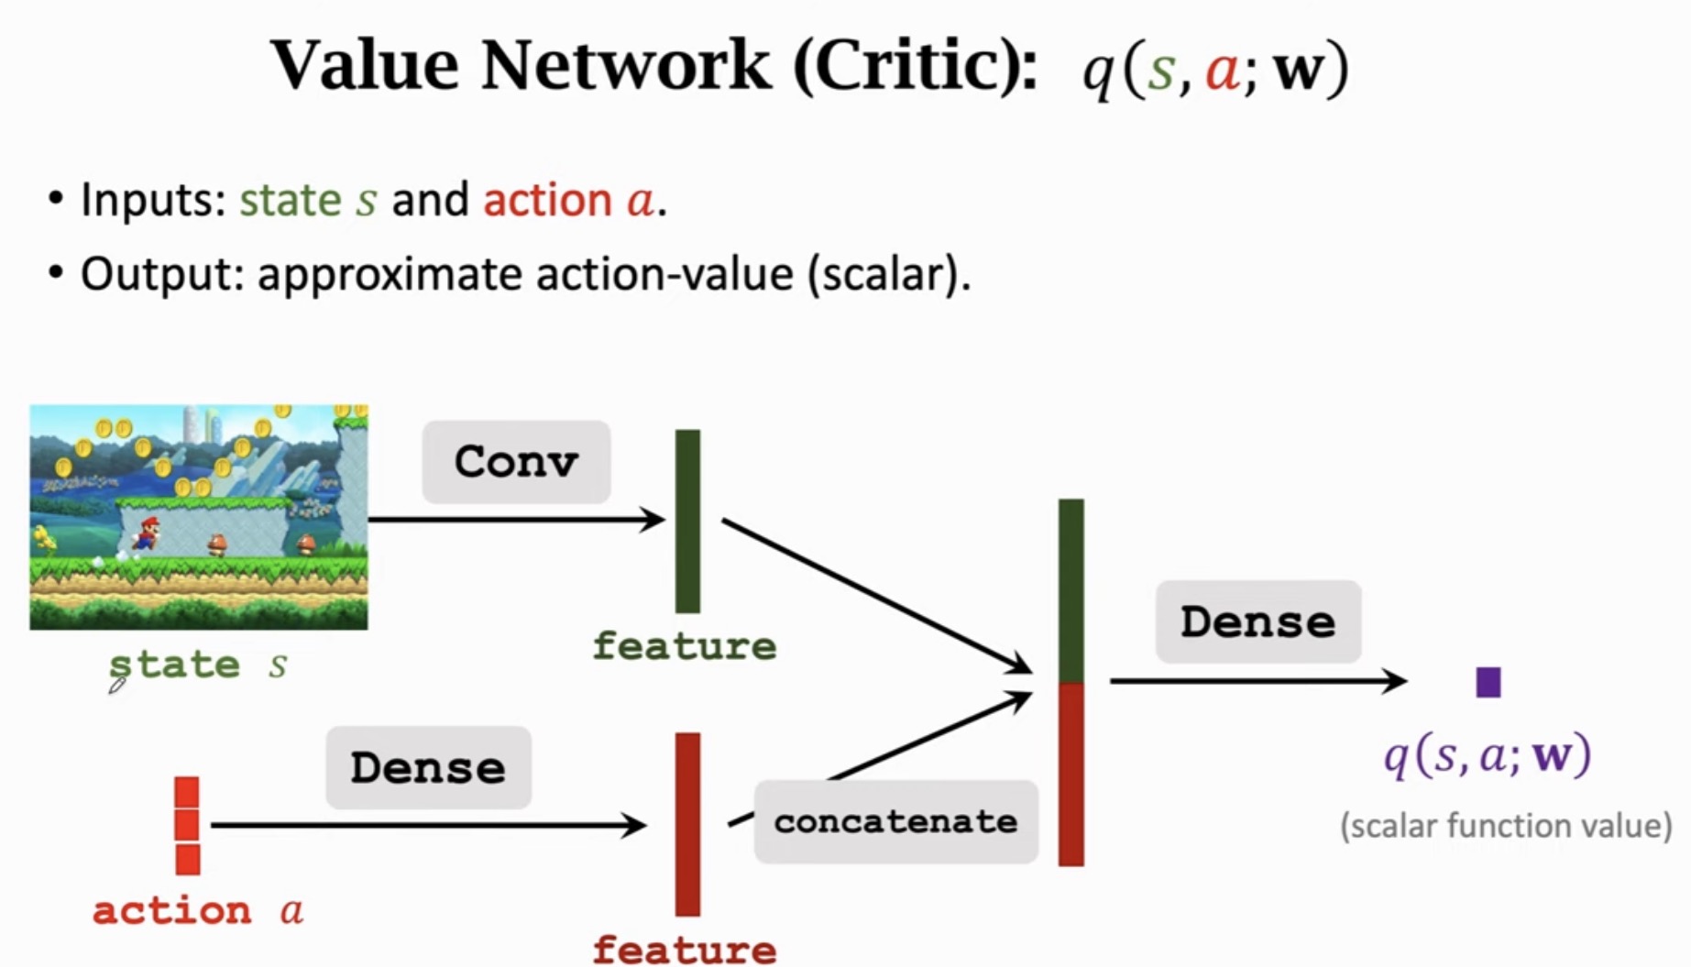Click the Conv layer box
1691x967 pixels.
(x=516, y=462)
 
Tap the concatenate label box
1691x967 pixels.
(x=895, y=821)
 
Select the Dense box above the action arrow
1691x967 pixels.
(x=428, y=768)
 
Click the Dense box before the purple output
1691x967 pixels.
(x=1257, y=622)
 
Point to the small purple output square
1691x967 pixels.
(x=1488, y=682)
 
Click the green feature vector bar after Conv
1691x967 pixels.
(x=687, y=521)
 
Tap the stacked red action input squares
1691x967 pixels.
(x=187, y=825)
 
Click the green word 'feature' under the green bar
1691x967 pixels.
(x=684, y=646)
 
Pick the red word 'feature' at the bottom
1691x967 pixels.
(x=684, y=949)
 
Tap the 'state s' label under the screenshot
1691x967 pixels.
(x=198, y=665)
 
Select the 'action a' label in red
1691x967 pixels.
(x=198, y=911)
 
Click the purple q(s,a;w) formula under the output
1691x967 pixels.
(x=1487, y=756)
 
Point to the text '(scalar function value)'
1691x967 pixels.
(x=1505, y=826)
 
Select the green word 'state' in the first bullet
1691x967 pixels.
(x=290, y=200)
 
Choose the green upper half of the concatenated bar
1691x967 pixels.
(x=1071, y=591)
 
